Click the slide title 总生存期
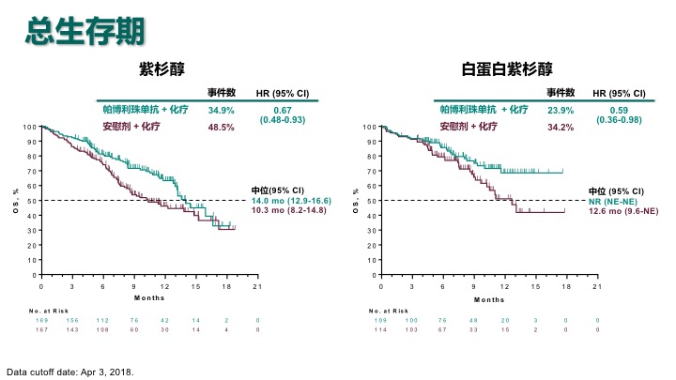[x=85, y=32]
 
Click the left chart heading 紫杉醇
[x=161, y=68]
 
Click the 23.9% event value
[x=561, y=109]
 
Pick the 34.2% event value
[x=561, y=126]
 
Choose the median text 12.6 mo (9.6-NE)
[x=622, y=212]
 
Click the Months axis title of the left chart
[x=148, y=299]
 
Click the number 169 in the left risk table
[x=40, y=321]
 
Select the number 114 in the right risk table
[x=380, y=329]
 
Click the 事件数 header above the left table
[x=221, y=92]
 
